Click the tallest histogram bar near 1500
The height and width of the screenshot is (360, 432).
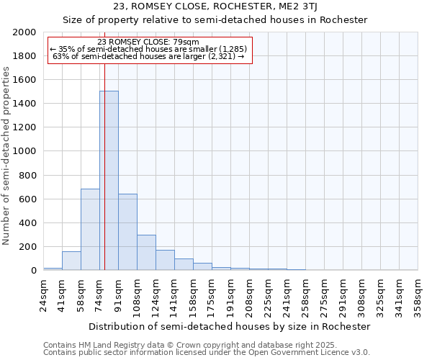point(109,180)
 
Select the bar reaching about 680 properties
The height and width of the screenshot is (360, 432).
point(90,229)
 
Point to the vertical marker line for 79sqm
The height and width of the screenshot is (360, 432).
point(104,144)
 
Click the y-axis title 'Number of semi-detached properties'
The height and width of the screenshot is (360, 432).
point(7,156)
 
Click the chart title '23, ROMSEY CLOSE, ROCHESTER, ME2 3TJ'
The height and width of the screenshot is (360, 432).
point(215,6)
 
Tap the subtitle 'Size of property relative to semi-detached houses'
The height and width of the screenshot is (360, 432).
point(215,20)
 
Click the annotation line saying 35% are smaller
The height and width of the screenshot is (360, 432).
point(149,49)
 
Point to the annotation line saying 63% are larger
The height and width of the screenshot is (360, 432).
point(149,56)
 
